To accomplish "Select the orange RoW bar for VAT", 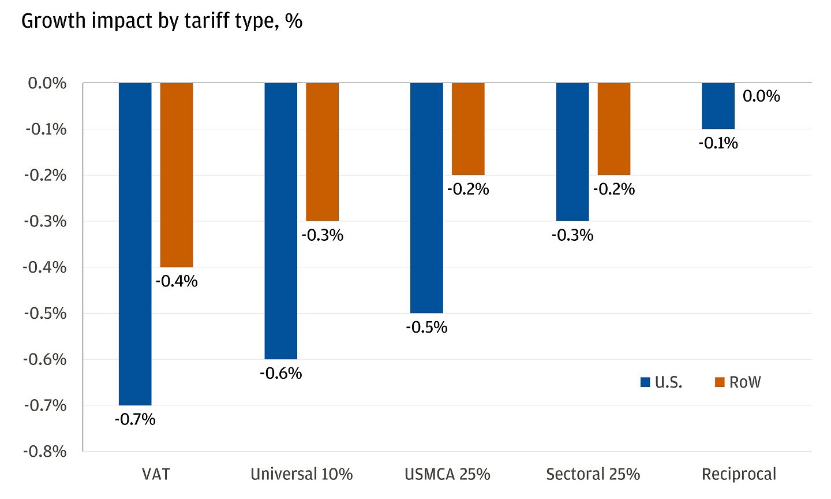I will [x=177, y=175].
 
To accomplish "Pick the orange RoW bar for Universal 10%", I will [x=322, y=152].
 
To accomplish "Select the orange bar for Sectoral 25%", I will [x=614, y=129].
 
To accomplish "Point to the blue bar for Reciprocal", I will [x=718, y=106].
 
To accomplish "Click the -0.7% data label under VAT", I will [x=135, y=419].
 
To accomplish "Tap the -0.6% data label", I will [x=281, y=373].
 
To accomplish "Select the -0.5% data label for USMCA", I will [x=426, y=327].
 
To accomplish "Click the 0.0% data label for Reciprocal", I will [x=761, y=96].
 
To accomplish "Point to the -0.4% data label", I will [x=177, y=281].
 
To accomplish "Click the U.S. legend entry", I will [x=662, y=382].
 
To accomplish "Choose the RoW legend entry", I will [x=738, y=382].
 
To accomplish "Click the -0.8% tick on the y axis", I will [x=45, y=451].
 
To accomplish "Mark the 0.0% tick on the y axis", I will [x=47, y=83].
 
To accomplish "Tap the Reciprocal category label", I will [x=739, y=474].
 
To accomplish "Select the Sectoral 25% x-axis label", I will [x=593, y=474].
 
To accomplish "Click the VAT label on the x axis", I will [x=156, y=474].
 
